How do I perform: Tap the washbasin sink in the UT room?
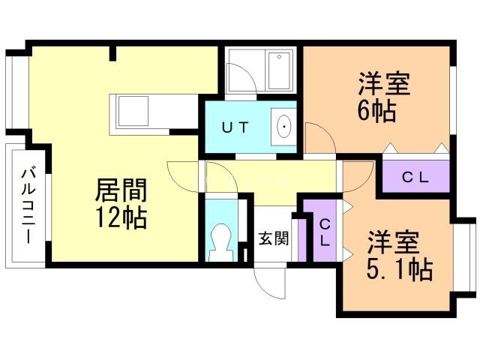[x=285, y=127]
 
